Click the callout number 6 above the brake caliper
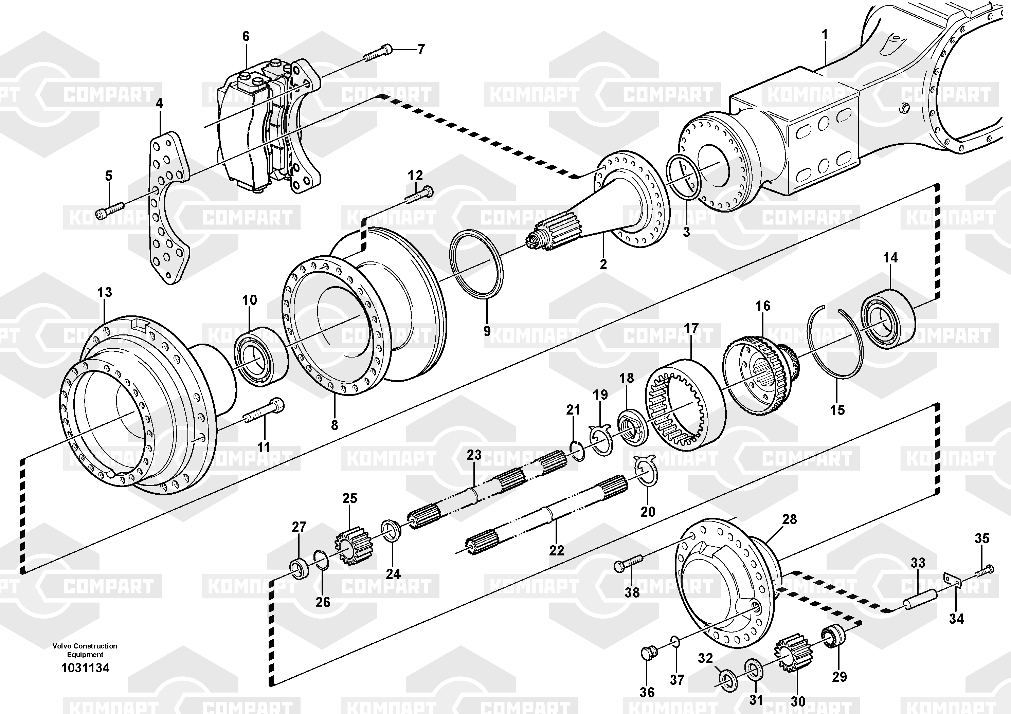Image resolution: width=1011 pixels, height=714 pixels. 246,37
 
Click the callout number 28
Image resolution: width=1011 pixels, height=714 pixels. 789,519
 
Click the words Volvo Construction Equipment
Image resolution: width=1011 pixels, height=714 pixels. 85,650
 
